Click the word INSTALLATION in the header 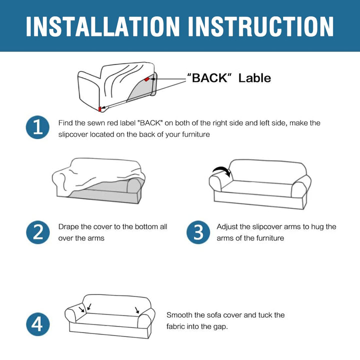pos(102,26)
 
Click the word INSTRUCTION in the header pos(260,26)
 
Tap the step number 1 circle pos(37,127)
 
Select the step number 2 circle pos(37,232)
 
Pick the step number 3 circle pos(198,232)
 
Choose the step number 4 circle pos(37,324)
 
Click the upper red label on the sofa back pos(147,79)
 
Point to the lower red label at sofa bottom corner pos(100,109)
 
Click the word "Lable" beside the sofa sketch pos(254,78)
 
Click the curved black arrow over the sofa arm pos(222,171)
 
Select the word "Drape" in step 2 pos(68,227)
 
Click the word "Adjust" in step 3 pos(227,227)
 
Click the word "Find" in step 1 pos(65,123)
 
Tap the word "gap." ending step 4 pos(220,327)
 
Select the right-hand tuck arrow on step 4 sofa pos(137,310)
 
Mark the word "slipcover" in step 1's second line pos(73,134)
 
